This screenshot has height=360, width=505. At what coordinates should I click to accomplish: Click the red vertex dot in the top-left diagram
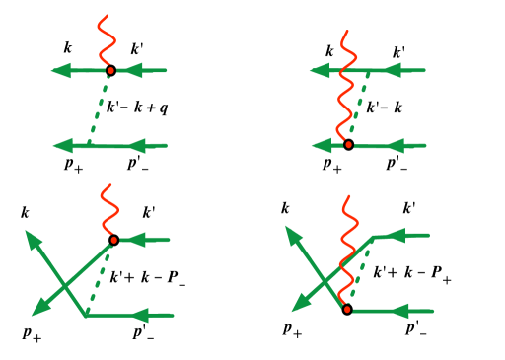pyautogui.click(x=111, y=70)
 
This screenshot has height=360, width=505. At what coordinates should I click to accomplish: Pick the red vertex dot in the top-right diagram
pyautogui.click(x=348, y=145)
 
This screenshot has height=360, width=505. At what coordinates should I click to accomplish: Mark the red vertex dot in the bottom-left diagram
pyautogui.click(x=114, y=240)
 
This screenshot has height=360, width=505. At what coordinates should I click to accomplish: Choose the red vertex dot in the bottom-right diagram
pyautogui.click(x=347, y=310)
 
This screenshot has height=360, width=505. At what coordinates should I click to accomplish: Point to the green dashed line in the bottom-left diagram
pyautogui.click(x=100, y=278)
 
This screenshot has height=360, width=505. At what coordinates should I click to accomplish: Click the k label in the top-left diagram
pyautogui.click(x=67, y=46)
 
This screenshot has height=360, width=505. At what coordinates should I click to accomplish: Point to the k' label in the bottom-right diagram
pyautogui.click(x=407, y=208)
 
